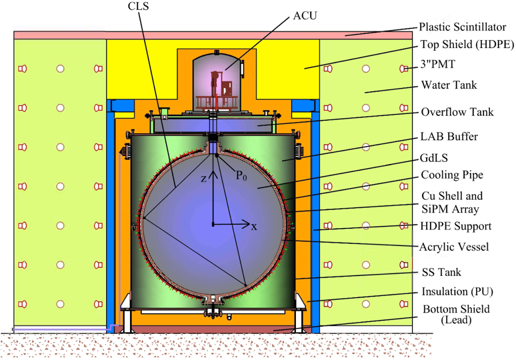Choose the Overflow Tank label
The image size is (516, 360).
(x=457, y=112)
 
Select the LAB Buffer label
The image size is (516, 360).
(x=450, y=137)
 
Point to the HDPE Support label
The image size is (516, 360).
(x=456, y=227)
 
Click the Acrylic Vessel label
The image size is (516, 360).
(x=455, y=247)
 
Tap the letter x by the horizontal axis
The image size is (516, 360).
(x=254, y=226)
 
